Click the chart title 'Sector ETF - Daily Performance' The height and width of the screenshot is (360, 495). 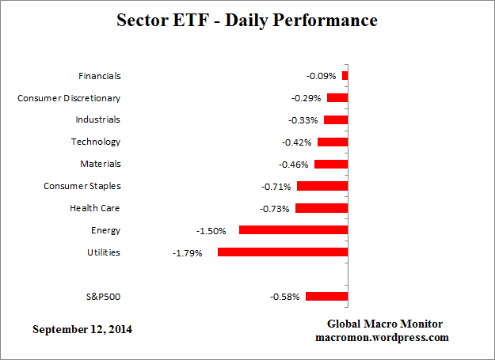click(247, 20)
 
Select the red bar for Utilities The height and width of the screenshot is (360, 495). click(283, 252)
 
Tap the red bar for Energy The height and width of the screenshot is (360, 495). click(293, 230)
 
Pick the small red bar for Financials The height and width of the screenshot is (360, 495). click(345, 76)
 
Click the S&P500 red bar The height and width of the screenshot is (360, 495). click(326, 297)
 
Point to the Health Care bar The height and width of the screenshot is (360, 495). click(322, 208)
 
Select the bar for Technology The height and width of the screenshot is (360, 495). click(333, 142)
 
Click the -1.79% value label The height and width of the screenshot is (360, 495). click(188, 253)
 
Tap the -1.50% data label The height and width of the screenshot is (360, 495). click(211, 231)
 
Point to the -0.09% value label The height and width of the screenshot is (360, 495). click(322, 76)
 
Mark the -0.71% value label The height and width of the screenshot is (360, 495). click(276, 187)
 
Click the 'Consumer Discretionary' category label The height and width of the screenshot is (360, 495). click(69, 98)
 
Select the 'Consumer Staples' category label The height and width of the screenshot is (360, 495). click(82, 187)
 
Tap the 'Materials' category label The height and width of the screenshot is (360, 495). click(100, 165)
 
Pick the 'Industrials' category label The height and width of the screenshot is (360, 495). click(97, 120)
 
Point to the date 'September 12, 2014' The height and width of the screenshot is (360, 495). click(82, 328)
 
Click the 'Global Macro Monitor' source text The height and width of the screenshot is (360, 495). click(385, 324)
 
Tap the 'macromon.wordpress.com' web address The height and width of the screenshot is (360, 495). click(383, 337)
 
